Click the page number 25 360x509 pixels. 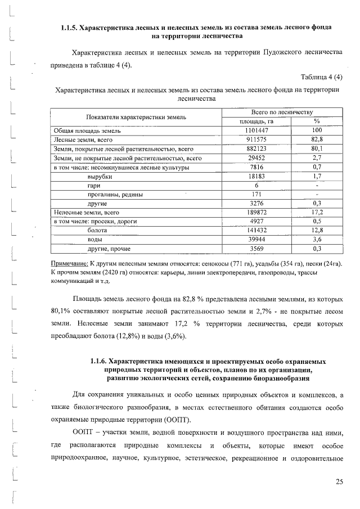tap(339, 481)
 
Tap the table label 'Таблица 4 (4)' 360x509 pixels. tap(321, 76)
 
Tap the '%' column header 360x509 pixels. tap(317, 121)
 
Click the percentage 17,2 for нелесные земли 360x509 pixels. tap(317, 213)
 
